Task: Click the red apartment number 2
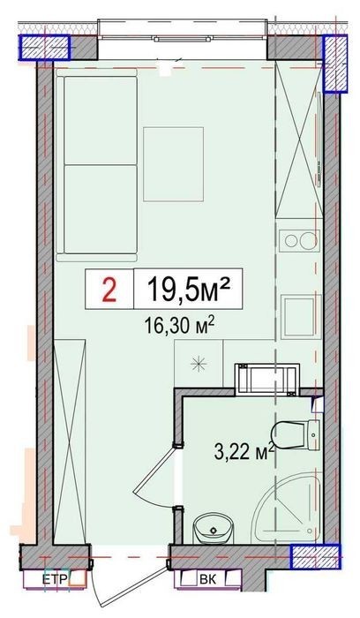(x=109, y=290)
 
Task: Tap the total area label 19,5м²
(x=188, y=288)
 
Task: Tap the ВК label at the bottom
(x=207, y=579)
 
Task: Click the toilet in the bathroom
(x=296, y=434)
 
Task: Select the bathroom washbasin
(x=214, y=528)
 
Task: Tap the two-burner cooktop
(x=298, y=241)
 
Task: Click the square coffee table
(x=173, y=164)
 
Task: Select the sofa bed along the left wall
(x=96, y=165)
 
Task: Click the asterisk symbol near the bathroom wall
(x=199, y=364)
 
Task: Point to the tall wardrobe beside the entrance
(x=70, y=441)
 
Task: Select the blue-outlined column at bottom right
(x=315, y=556)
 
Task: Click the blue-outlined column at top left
(x=44, y=48)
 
